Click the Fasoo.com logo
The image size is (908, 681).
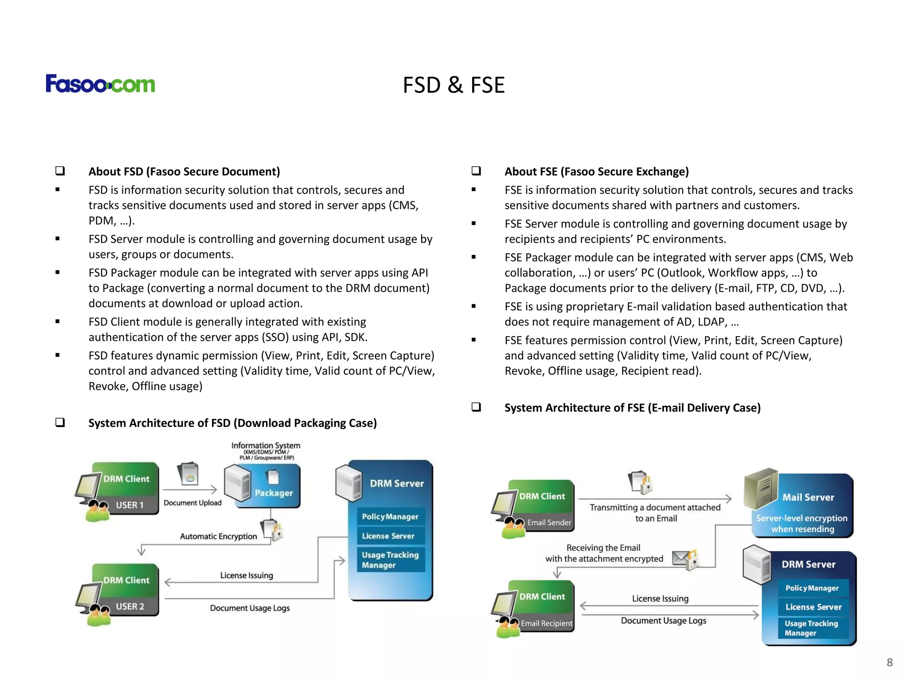coord(100,84)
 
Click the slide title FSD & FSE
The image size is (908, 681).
coord(454,85)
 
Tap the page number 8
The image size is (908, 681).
coord(889,662)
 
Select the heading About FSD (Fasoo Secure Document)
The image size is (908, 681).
coord(184,172)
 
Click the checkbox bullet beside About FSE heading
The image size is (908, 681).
coord(476,171)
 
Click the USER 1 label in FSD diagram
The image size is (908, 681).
coord(129,505)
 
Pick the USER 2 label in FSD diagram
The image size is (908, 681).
coord(130,606)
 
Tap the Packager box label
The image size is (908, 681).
coord(274,493)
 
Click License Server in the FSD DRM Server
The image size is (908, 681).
coord(388,536)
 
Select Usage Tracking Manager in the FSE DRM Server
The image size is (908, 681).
coord(811,628)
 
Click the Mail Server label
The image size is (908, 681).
coord(808,497)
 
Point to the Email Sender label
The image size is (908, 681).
coord(549,522)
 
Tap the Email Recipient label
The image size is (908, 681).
coord(546,623)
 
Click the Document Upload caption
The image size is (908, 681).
coord(192,503)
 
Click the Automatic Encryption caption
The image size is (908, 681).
coord(218,536)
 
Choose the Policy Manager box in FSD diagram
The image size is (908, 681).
coord(390,517)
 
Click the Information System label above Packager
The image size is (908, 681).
coord(266,446)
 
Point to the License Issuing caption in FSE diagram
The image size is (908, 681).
coord(660,599)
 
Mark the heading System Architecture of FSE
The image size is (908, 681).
coord(632,408)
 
